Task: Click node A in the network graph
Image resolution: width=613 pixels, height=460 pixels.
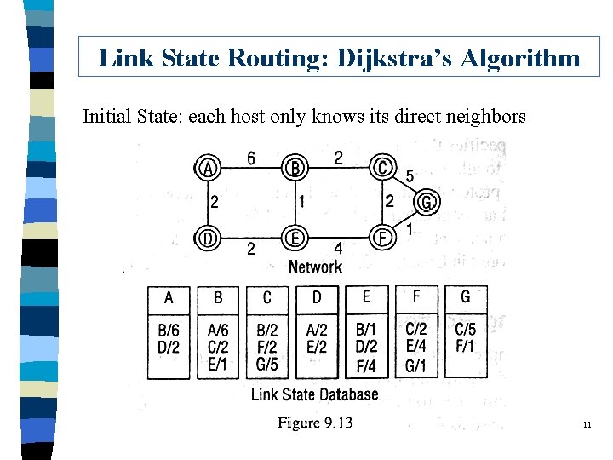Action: click(207, 168)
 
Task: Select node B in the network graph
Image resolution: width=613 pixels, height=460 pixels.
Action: click(295, 168)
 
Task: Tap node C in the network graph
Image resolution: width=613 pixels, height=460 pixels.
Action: click(383, 168)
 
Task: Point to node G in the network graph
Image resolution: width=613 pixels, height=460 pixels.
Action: click(427, 203)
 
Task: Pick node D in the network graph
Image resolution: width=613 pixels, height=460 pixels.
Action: click(207, 237)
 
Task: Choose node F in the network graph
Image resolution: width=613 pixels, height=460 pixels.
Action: click(384, 236)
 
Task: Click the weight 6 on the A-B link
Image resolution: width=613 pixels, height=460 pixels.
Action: click(251, 158)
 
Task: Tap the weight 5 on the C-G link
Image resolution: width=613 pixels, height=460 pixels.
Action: click(410, 176)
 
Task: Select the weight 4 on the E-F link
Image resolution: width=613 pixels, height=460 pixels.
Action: click(338, 249)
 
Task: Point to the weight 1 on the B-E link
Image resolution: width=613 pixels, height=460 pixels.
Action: click(302, 203)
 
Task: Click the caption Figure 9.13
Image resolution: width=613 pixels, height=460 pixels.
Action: click(315, 423)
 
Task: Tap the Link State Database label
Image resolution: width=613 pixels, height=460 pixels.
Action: click(314, 394)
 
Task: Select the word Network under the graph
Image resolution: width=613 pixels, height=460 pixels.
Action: click(315, 267)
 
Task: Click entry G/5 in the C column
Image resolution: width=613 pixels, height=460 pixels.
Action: click(267, 364)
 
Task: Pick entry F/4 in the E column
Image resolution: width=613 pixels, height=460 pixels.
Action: click(366, 366)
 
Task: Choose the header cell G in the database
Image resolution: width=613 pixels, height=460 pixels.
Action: click(465, 296)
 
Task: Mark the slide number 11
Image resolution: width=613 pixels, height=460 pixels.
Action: click(587, 424)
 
